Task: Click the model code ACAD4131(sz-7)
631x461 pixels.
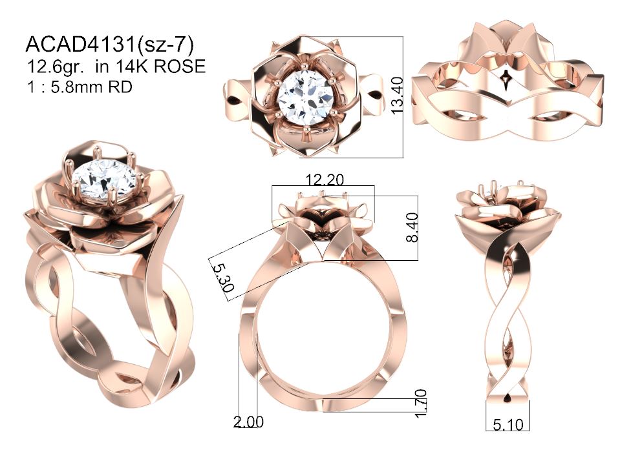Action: [x=109, y=45]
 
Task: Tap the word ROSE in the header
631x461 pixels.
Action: [x=180, y=67]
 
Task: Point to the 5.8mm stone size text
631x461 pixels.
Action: [x=91, y=87]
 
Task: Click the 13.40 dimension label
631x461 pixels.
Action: [x=397, y=96]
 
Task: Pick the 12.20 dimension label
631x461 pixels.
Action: [x=325, y=179]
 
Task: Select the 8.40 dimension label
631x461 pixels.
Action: [x=412, y=227]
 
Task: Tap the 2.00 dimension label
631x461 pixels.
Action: [x=248, y=422]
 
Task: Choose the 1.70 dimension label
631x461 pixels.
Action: [x=420, y=404]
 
